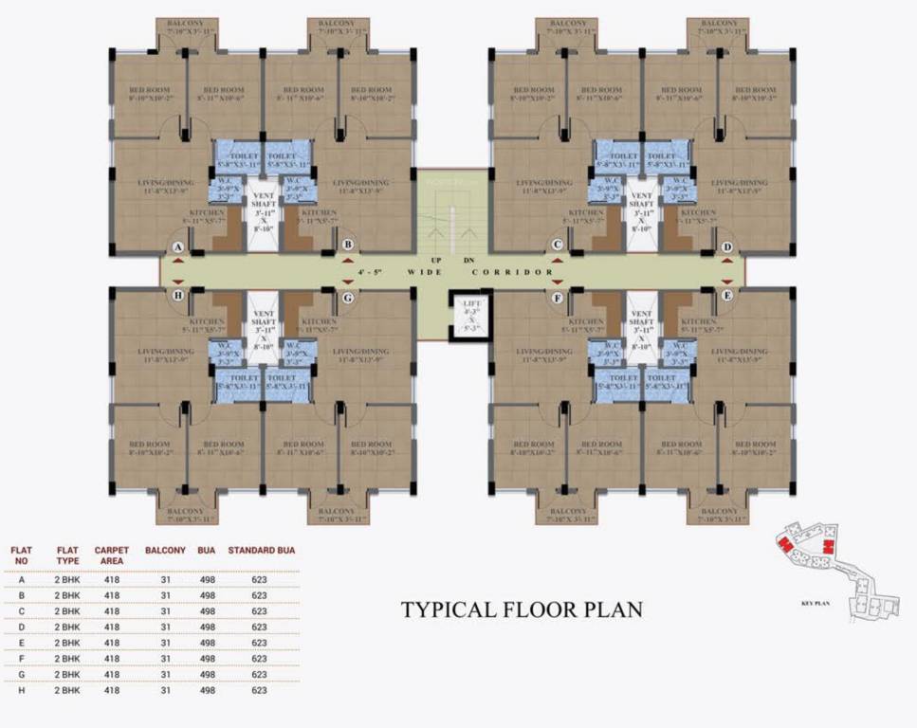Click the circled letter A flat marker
pyautogui.click(x=178, y=246)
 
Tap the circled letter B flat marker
pyautogui.click(x=348, y=245)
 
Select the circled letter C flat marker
pyautogui.click(x=558, y=246)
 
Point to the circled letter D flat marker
pyautogui.click(x=727, y=247)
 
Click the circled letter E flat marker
pyautogui.click(x=727, y=296)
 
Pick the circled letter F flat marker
pyautogui.click(x=558, y=298)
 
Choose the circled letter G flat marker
pyautogui.click(x=348, y=298)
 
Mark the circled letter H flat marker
pyautogui.click(x=178, y=295)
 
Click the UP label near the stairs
pyautogui.click(x=436, y=260)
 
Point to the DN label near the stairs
pyautogui.click(x=468, y=260)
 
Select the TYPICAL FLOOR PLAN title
pyautogui.click(x=522, y=609)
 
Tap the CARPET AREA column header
pyautogui.click(x=112, y=555)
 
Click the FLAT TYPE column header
pyautogui.click(x=67, y=555)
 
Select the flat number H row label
pyautogui.click(x=22, y=691)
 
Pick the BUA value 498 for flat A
pyautogui.click(x=207, y=579)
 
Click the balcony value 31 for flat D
pyautogui.click(x=165, y=628)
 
